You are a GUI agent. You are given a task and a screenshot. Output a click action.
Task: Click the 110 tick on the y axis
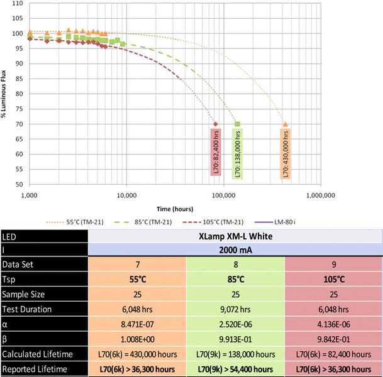coord(18,3)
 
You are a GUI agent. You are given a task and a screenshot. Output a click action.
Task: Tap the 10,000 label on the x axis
coord(126,195)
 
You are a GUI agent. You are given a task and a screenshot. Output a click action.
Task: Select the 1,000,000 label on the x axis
coord(320,195)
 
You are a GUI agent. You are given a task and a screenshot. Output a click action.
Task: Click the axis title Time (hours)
coord(175,208)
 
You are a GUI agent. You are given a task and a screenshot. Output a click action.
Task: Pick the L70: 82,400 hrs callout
coord(216,151)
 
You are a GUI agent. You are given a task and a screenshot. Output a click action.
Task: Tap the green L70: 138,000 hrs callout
coord(237,155)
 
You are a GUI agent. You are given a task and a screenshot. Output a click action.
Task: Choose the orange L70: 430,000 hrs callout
coord(285,155)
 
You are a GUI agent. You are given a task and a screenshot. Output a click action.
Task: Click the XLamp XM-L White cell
coord(235,237)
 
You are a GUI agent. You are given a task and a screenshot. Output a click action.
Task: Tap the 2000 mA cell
coord(235,249)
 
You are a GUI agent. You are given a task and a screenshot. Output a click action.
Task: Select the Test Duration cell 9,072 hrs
coord(235,309)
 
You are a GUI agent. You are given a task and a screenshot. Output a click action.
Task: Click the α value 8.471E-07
coord(137,324)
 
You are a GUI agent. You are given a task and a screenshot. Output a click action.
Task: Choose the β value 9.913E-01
coord(235,339)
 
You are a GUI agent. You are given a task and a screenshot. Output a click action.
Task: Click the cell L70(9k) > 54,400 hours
coord(235,369)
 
